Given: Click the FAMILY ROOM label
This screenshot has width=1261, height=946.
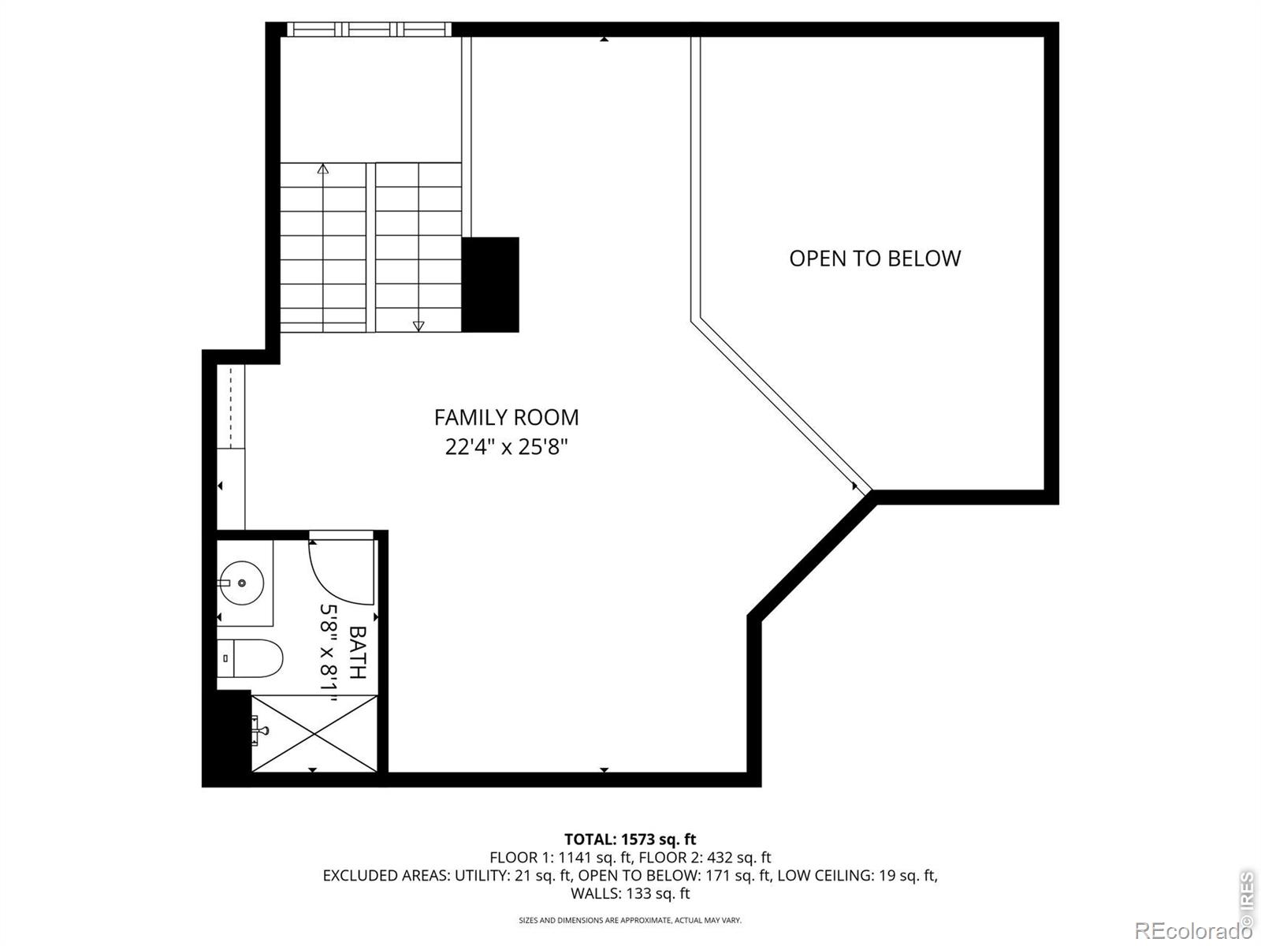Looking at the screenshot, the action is [506, 418].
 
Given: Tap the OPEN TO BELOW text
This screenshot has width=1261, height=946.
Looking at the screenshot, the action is [874, 259].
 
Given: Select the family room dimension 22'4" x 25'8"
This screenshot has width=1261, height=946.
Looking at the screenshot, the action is [506, 447].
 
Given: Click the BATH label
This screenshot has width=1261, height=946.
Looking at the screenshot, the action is [357, 652].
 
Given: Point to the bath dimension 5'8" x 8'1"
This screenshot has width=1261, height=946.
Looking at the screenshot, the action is [328, 653].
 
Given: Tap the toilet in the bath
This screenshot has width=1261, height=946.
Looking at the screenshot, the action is [250, 658].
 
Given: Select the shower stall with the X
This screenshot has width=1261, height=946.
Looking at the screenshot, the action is [314, 733].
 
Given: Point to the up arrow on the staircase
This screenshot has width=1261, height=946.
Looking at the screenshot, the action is [323, 168].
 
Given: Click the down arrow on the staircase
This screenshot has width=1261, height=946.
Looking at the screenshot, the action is [418, 326].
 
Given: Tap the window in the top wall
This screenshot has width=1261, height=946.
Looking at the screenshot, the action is [369, 29].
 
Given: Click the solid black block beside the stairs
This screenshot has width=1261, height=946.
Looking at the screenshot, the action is [490, 285].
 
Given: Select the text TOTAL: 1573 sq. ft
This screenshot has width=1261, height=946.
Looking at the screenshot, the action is [630, 840].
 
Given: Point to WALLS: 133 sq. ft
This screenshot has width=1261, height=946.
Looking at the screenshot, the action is [630, 893].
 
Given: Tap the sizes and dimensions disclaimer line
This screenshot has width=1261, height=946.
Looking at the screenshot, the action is [630, 920].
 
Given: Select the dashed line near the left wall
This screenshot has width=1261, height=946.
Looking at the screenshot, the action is [231, 407].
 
